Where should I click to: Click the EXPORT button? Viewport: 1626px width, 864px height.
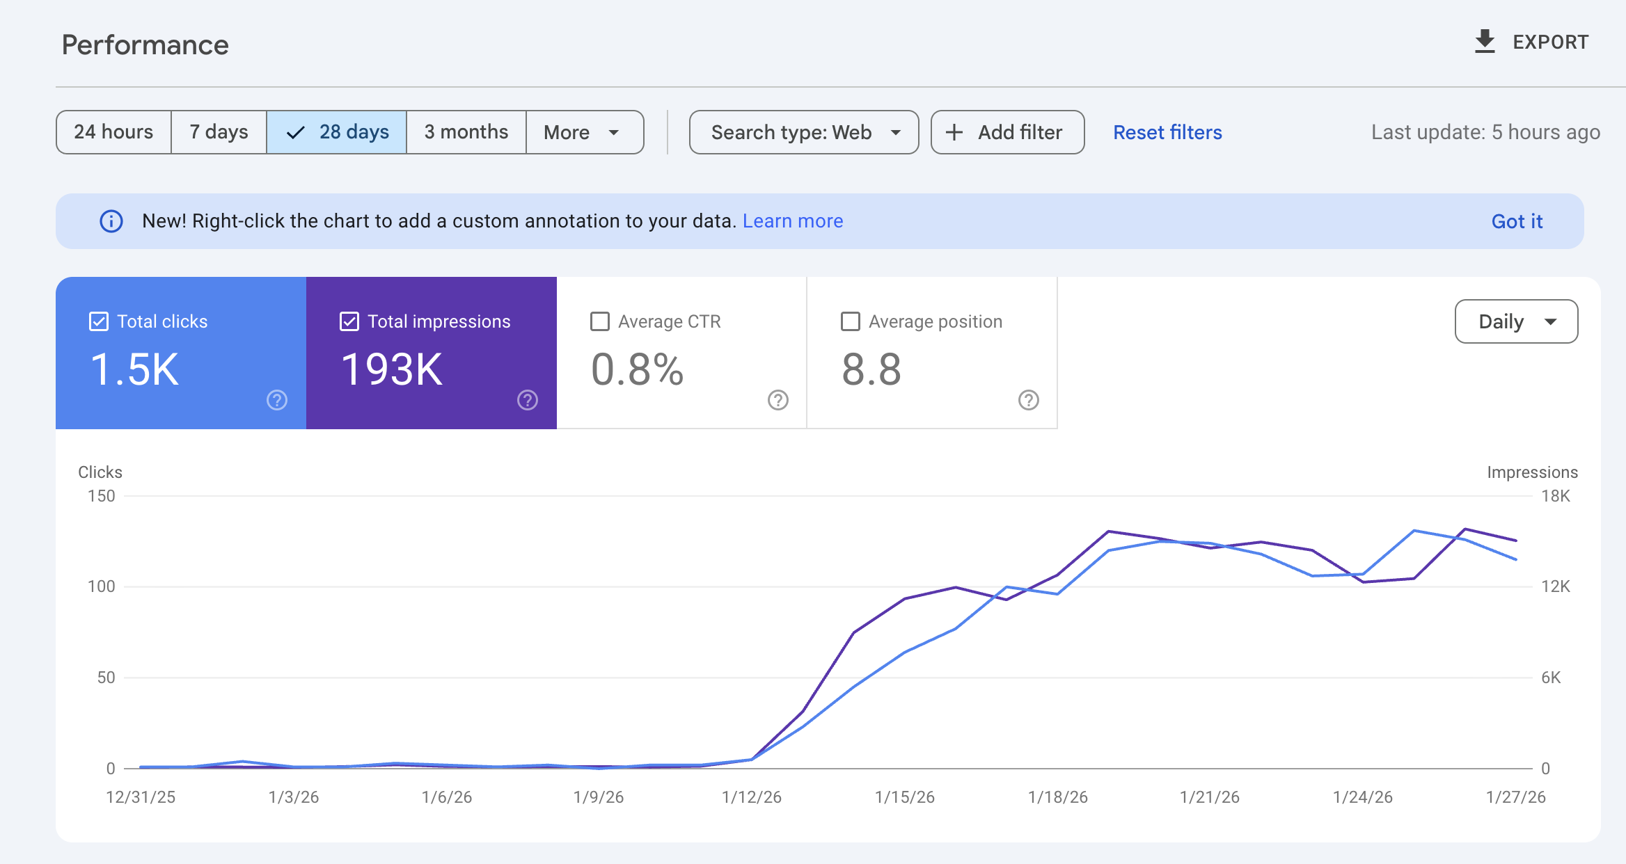click(1531, 42)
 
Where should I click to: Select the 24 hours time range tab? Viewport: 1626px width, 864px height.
click(113, 132)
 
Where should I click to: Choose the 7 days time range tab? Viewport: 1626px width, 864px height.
click(219, 132)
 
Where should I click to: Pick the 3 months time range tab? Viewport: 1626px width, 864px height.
click(466, 132)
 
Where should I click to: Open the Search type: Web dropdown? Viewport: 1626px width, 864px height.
click(803, 132)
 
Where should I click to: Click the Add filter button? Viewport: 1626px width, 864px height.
click(1007, 132)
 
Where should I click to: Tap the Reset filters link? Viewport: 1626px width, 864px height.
click(1167, 132)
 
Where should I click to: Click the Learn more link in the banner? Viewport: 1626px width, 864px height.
click(792, 221)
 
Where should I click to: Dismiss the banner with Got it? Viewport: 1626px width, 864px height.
click(1517, 221)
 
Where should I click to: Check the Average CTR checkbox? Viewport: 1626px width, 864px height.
click(599, 321)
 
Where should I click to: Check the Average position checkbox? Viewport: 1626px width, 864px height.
click(850, 321)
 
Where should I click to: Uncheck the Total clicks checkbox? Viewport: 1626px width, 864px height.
click(99, 321)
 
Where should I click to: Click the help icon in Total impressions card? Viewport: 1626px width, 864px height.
click(527, 400)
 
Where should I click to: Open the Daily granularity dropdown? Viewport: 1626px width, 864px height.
click(1516, 321)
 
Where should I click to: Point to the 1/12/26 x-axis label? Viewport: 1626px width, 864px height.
click(751, 797)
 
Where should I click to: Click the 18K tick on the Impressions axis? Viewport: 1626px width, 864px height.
click(1555, 496)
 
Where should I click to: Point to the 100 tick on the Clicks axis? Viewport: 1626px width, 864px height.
click(101, 586)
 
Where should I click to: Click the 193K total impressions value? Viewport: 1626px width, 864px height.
click(391, 369)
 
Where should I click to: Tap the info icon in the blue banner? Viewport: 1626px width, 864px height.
click(111, 221)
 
